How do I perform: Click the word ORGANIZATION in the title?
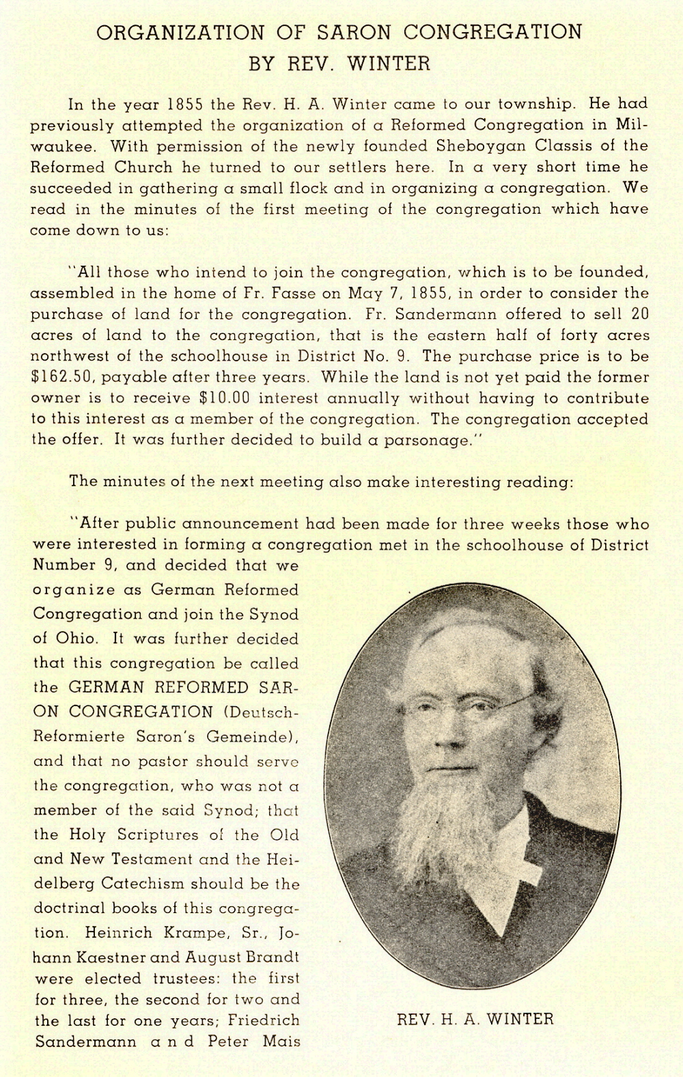180,32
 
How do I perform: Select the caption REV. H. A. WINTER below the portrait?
475,1020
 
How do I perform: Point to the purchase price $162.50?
59,377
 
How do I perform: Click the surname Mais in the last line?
281,1042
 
